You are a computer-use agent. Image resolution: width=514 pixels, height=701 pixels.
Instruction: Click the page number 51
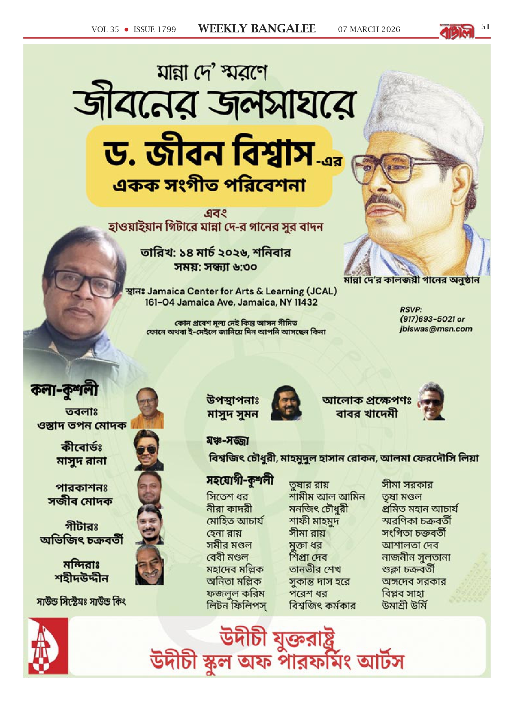485,27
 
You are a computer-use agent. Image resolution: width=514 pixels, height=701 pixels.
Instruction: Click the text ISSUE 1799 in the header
155,30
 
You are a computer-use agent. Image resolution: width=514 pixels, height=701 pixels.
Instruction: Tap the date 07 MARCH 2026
369,30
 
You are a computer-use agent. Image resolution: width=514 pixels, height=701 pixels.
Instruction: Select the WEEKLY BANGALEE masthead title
257,29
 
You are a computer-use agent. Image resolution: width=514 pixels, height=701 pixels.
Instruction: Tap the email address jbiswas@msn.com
436,329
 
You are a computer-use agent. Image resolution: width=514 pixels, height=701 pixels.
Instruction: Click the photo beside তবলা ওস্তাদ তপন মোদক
147,408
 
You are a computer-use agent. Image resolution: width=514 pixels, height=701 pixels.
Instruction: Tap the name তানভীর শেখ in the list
315,569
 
